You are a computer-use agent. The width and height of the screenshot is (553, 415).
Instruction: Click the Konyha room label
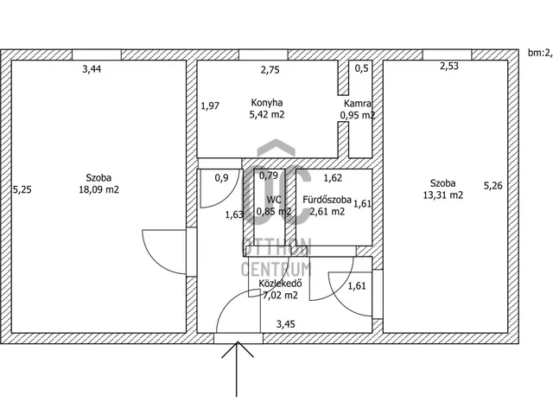coord(268,101)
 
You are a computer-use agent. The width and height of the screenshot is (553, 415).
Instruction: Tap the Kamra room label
coord(359,103)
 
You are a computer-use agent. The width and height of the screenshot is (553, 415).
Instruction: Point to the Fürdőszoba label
coord(327,200)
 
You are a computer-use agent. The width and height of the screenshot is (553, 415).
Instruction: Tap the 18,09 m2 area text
coord(98,189)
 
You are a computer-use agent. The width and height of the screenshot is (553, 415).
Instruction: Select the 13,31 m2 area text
coord(443,195)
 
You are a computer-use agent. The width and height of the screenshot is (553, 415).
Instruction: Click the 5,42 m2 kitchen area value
coord(268,114)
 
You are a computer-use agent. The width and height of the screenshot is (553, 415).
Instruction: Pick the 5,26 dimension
coord(493,184)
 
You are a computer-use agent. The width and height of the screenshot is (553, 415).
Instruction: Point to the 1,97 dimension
coord(211,106)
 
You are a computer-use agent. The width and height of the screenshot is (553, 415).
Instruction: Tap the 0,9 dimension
coord(221,178)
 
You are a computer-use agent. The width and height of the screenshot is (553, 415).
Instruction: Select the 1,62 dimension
coord(333,178)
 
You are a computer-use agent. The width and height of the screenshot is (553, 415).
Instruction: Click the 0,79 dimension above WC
coord(269,176)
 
